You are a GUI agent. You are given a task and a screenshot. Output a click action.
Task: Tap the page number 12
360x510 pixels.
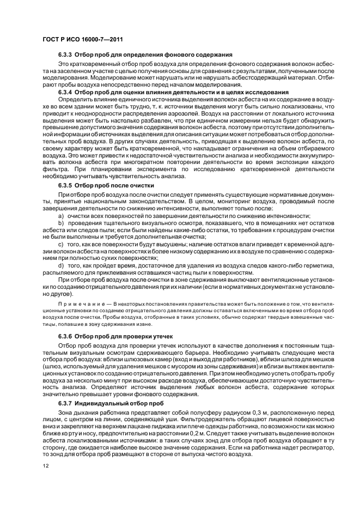46,465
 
